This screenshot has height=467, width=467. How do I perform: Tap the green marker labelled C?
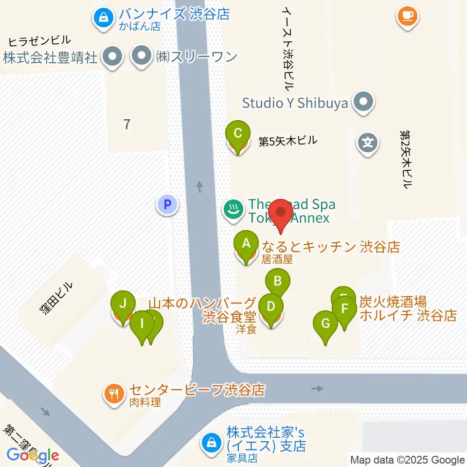pos(238,134)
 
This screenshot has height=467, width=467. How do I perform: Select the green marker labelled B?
pos(278,282)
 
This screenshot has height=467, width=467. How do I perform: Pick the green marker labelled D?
pos(271,307)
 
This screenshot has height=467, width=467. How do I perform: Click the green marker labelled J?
pos(123,305)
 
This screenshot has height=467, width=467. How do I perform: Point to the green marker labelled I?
pos(142,323)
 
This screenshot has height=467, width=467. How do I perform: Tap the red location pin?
pos(281,213)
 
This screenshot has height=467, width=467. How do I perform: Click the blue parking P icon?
pos(167,204)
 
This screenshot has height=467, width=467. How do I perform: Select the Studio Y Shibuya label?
pos(295,103)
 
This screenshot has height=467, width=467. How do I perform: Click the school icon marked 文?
pos(368,143)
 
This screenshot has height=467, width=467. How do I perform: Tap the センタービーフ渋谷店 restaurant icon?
pos(114,393)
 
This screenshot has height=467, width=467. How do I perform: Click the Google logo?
pos(33,455)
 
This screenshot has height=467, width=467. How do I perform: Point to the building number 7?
pos(127,125)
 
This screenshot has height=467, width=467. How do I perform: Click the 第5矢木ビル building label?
pos(287,142)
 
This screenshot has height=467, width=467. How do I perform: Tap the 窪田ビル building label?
pos(57,298)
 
